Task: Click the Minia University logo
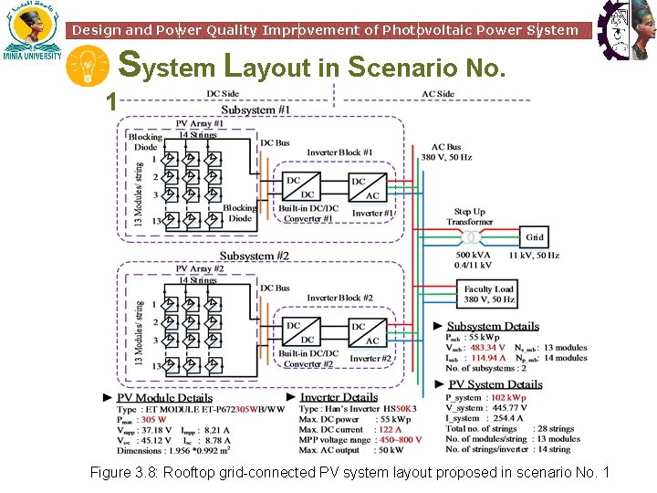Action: point(32,32)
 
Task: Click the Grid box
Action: point(535,237)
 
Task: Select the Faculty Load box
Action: point(489,294)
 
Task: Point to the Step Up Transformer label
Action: point(469,216)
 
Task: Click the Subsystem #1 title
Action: point(255,110)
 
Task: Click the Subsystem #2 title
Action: point(255,256)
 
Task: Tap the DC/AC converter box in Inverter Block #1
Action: point(365,188)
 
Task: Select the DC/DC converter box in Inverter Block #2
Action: point(300,332)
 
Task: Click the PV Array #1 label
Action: point(199,123)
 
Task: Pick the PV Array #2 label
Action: point(199,269)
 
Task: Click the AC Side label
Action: point(438,94)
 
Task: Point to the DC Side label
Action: point(223,94)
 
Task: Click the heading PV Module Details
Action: point(164,398)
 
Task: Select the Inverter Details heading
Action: point(339,397)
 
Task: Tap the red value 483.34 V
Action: point(488,348)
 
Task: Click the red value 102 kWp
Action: point(508,398)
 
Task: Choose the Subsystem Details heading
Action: point(493,326)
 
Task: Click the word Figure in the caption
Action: point(111,472)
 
